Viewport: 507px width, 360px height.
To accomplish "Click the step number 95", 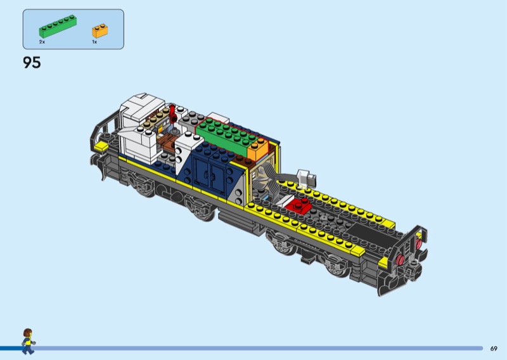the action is pyautogui.click(x=32, y=62).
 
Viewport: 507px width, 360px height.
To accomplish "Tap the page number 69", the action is pyautogui.click(x=494, y=349).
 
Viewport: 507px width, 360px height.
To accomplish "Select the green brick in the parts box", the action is pyautogui.click(x=58, y=27).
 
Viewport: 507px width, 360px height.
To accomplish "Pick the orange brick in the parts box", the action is pyautogui.click(x=100, y=31).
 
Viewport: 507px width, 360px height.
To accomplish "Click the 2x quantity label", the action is pyautogui.click(x=42, y=42).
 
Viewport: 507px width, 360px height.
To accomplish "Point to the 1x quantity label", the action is pyautogui.click(x=94, y=42).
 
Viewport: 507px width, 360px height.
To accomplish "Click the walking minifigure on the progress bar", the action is pyautogui.click(x=28, y=341).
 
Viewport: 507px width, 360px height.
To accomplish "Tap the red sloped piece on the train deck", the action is pyautogui.click(x=297, y=206).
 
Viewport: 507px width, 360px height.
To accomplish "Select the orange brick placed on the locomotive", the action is pyautogui.click(x=258, y=149).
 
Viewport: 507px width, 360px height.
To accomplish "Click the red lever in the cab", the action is pyautogui.click(x=172, y=112).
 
